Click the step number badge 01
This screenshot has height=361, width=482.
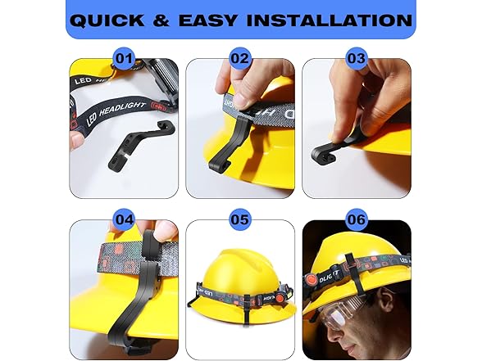coord(125,58)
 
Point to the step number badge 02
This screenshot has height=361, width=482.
coord(240,58)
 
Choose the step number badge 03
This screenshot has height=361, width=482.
coord(356,58)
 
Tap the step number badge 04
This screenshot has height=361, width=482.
coord(125,219)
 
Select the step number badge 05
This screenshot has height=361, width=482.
coord(240,219)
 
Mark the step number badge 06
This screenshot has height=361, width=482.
coord(356,219)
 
